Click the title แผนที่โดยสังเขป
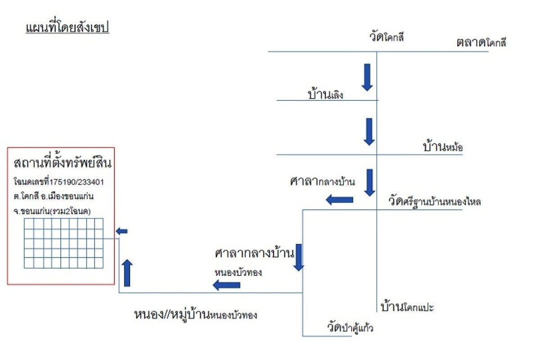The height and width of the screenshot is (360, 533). tap(68, 27)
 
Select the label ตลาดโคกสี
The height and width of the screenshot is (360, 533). tap(481, 43)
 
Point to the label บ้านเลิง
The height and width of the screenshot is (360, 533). tap(326, 94)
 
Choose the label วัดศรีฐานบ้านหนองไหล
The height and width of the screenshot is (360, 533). tap(434, 201)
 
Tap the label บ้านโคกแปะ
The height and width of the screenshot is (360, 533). tap(407, 308)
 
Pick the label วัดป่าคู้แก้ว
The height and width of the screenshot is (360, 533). tap(350, 327)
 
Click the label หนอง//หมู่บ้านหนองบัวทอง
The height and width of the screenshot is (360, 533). tap(195, 314)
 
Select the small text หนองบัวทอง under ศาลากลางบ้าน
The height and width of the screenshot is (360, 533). tap(238, 272)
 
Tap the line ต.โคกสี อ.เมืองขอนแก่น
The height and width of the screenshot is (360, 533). tap(54, 197)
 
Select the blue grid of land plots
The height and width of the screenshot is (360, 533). tap(63, 243)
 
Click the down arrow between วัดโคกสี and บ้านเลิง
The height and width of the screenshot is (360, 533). tap(367, 77)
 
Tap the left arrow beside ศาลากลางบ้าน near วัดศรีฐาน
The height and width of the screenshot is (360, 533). tap(339, 199)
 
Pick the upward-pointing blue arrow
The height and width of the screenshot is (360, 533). tap(127, 273)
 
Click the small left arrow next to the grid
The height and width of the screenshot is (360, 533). tap(122, 231)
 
